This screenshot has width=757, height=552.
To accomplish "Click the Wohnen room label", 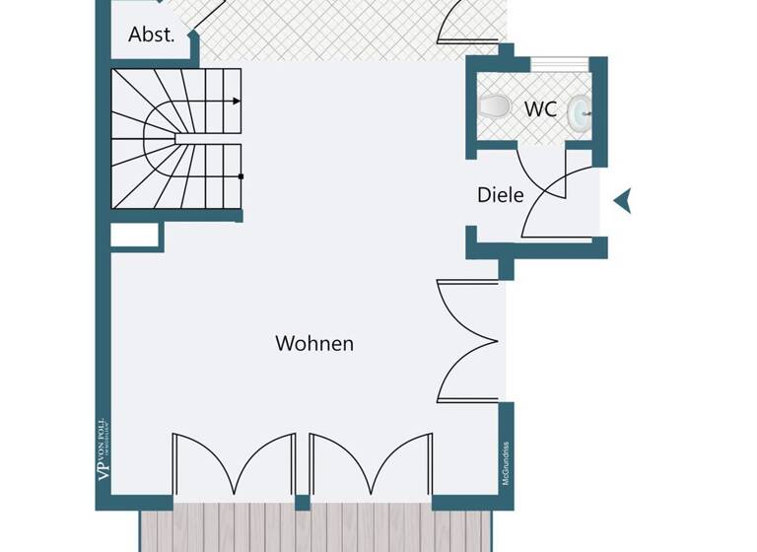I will [x=314, y=344].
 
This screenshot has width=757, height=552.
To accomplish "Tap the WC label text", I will [x=540, y=109].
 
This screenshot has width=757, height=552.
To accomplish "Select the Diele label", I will [x=500, y=195].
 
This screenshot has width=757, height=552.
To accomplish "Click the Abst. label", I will [x=152, y=34].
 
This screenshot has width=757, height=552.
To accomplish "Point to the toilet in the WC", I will [x=493, y=104].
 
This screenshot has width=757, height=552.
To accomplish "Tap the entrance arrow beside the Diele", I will [x=623, y=201].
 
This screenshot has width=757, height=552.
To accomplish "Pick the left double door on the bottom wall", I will [x=233, y=463].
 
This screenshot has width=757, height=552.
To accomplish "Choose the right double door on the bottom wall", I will [x=371, y=463].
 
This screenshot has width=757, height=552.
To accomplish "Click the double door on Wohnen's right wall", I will [x=467, y=341].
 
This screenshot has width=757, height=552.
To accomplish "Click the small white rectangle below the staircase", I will [x=135, y=235].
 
